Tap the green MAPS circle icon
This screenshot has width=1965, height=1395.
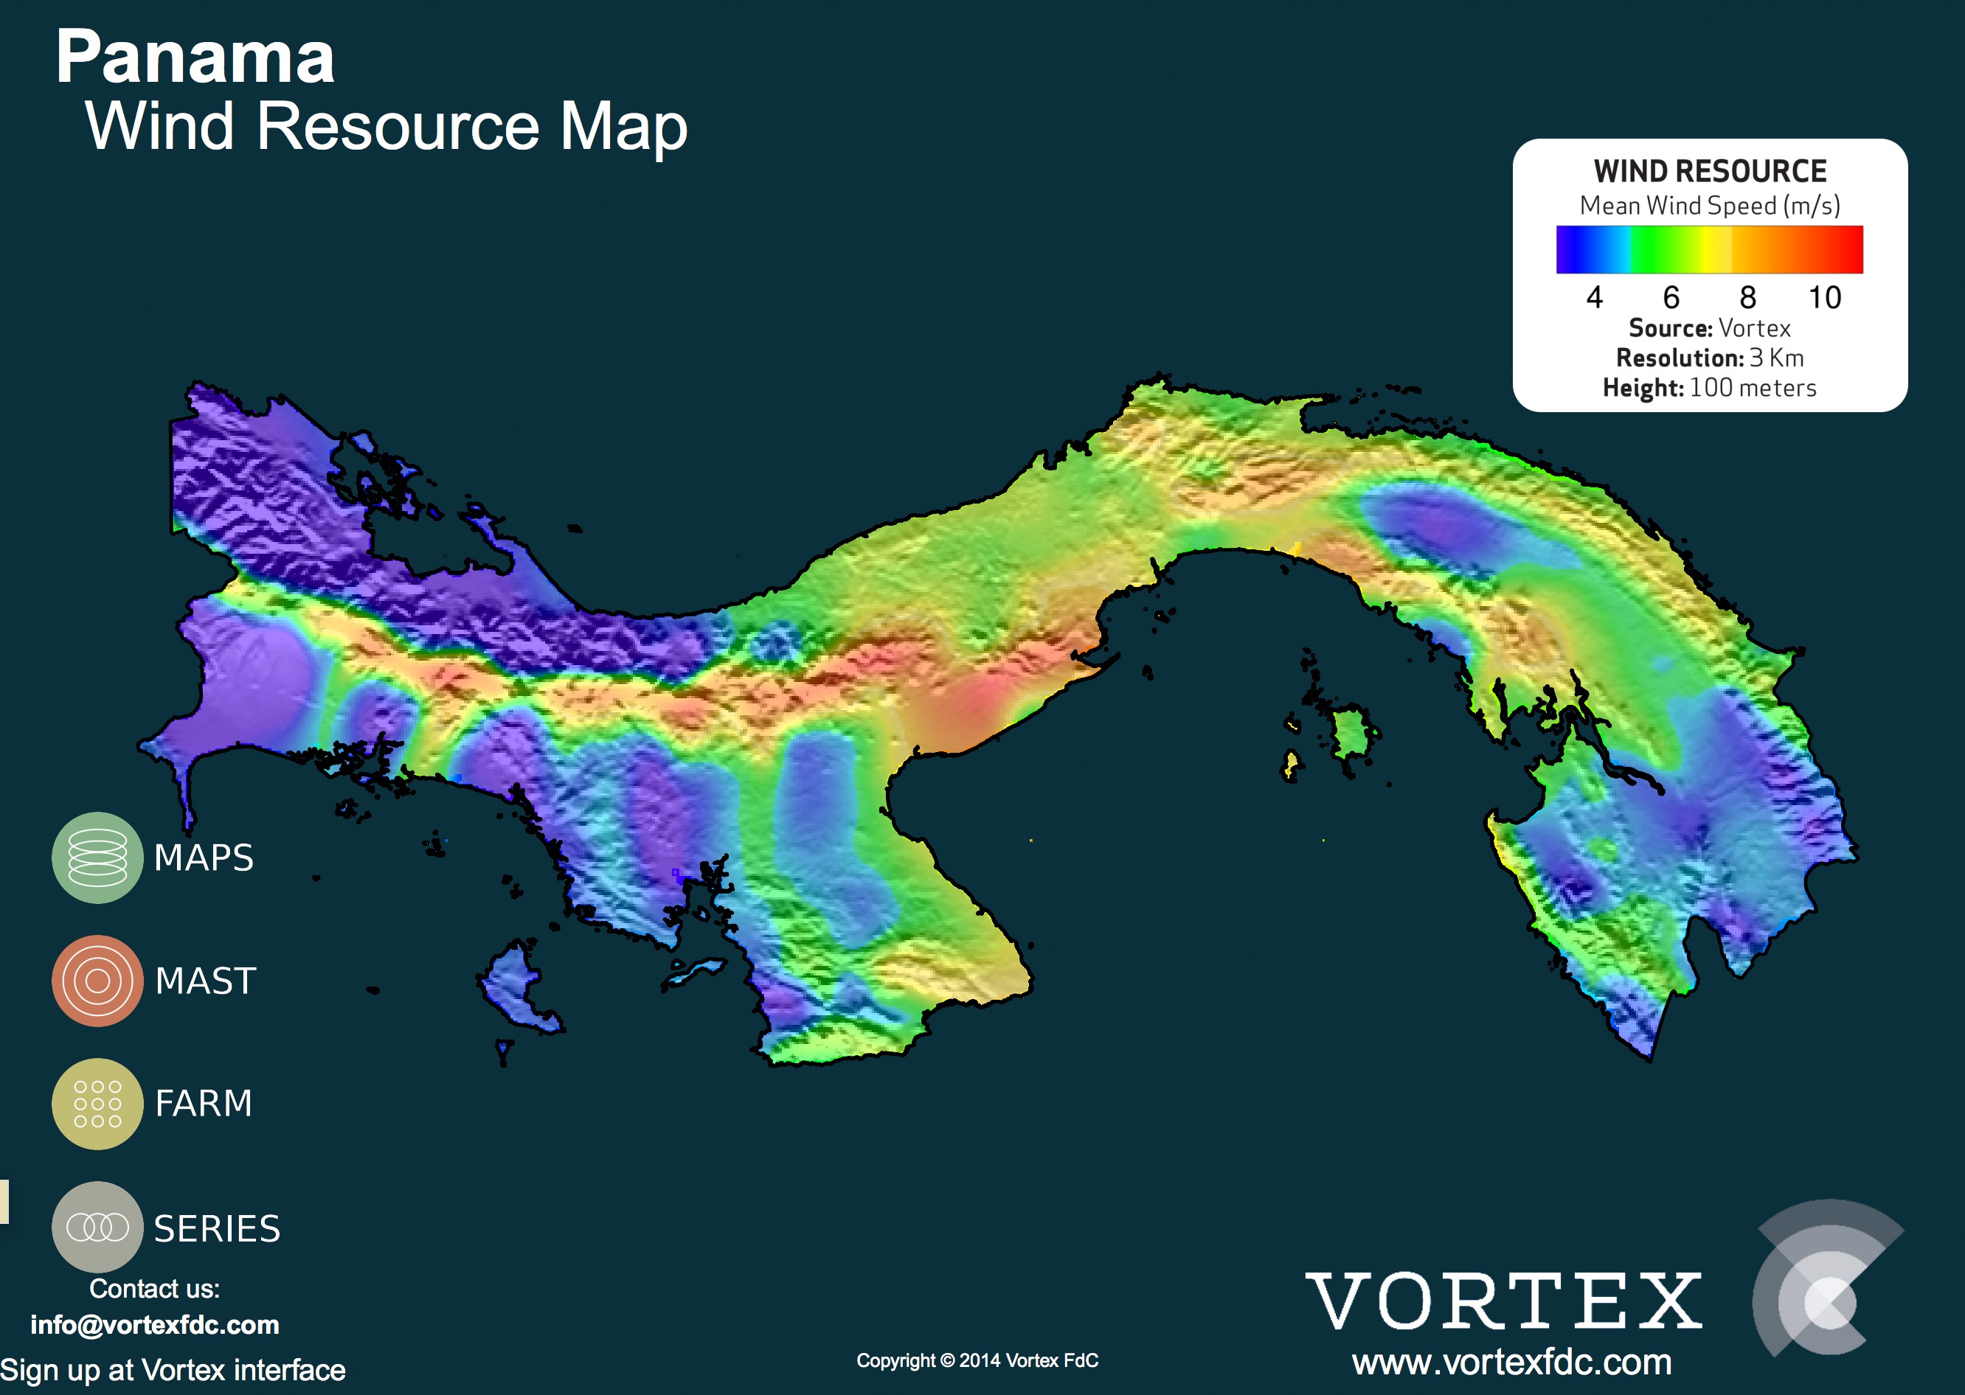tap(97, 857)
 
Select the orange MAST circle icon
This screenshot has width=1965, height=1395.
tap(97, 981)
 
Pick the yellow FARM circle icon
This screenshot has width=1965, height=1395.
tap(97, 1104)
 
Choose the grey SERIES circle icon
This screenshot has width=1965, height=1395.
tap(97, 1227)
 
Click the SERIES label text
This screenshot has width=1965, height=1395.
tap(218, 1228)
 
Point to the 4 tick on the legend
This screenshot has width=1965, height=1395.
tap(1595, 297)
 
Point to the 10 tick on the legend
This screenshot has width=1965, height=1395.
tap(1824, 297)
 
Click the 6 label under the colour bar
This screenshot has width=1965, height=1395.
tap(1671, 297)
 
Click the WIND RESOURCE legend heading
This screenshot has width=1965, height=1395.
tap(1710, 171)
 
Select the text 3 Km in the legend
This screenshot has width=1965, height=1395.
tap(1776, 358)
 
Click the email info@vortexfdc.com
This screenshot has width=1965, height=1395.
tap(155, 1324)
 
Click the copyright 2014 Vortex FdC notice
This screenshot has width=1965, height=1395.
tap(977, 1360)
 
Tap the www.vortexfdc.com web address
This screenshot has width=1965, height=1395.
tap(1511, 1363)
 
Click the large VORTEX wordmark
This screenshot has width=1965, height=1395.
tap(1503, 1302)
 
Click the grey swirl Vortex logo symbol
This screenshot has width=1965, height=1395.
tap(1826, 1279)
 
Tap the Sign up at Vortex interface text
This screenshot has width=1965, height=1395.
tap(173, 1370)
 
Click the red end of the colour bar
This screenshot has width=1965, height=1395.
tap(1847, 250)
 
